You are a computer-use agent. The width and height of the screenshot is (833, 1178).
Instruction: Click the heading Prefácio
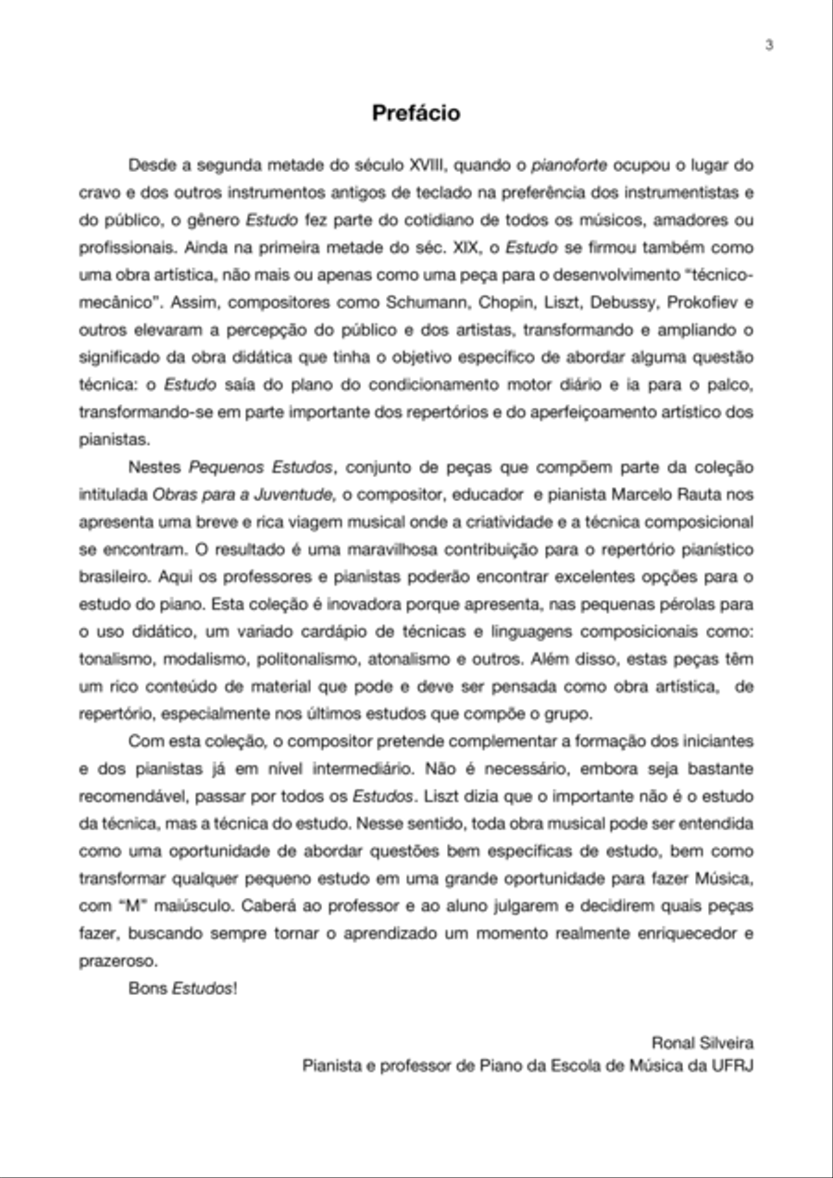click(416, 113)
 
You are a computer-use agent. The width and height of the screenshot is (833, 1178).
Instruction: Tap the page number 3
click(769, 46)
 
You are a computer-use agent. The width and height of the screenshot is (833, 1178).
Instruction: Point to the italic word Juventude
click(297, 494)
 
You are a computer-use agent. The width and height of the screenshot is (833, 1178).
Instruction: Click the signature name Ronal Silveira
click(702, 1042)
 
